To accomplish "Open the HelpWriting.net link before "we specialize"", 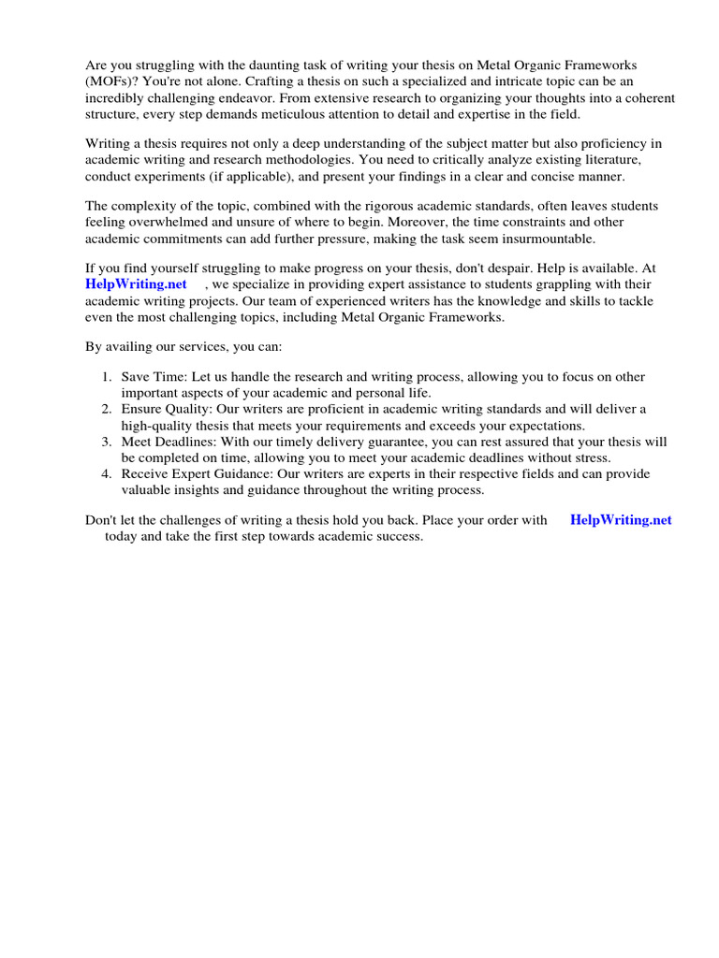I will (x=136, y=283).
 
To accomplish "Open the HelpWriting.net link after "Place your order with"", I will (x=621, y=520).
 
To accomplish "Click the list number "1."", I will (x=107, y=377).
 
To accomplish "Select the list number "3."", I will (x=107, y=442).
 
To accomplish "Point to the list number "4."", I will (x=107, y=474).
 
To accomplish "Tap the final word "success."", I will (x=398, y=537).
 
